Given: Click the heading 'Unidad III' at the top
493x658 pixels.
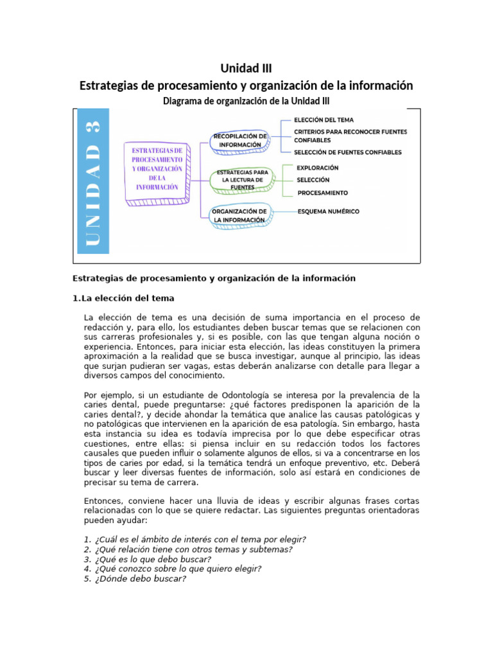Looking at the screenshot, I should click(x=246, y=68).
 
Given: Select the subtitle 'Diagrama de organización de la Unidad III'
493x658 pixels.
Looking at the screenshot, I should click(x=246, y=101).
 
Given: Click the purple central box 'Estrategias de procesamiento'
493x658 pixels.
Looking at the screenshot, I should click(x=157, y=168).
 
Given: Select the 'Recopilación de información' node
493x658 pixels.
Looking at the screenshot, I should click(x=239, y=140).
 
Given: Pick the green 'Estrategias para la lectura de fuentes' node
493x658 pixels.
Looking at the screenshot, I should click(x=239, y=180).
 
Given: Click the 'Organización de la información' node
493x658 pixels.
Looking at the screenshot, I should click(x=239, y=215).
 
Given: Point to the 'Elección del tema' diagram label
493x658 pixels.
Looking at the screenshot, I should click(x=324, y=120).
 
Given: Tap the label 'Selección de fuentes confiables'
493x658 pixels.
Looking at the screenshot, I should click(x=347, y=152).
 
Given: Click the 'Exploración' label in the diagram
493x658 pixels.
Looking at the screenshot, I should click(x=318, y=168).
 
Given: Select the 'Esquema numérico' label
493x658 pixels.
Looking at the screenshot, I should click(x=328, y=211).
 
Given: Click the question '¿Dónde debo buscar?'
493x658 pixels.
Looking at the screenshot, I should click(x=140, y=578).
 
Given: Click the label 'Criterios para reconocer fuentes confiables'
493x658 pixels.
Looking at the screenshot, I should click(x=350, y=136).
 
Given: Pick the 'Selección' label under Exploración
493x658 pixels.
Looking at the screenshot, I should click(x=313, y=181).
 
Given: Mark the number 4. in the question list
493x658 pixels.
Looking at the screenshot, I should click(x=87, y=569).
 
